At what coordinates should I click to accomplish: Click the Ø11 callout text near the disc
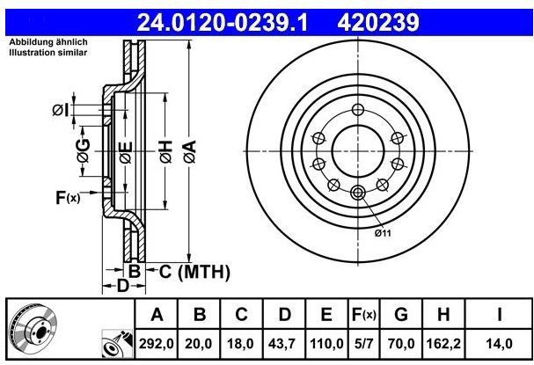coord(382,232)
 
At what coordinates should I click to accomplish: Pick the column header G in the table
coord(401,314)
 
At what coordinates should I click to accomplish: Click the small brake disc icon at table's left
coord(33,328)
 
